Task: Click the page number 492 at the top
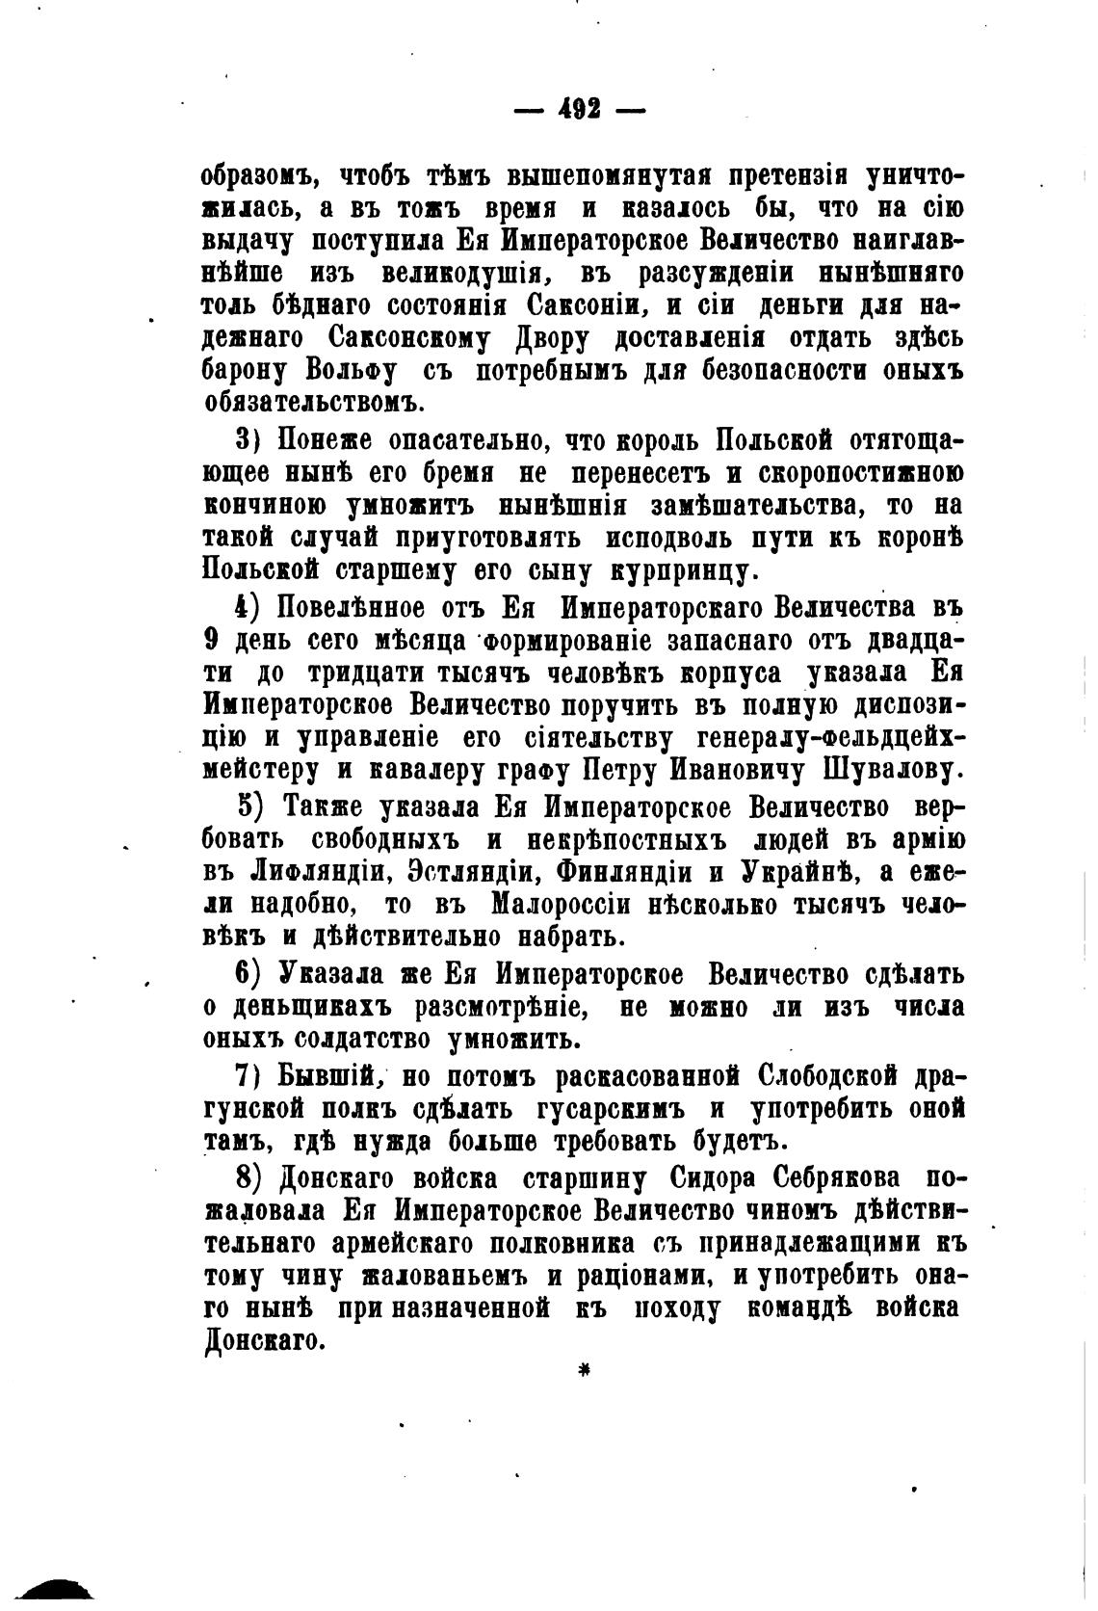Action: tap(578, 109)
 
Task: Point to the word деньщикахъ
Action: tap(315, 1008)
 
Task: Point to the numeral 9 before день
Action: tap(213, 642)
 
